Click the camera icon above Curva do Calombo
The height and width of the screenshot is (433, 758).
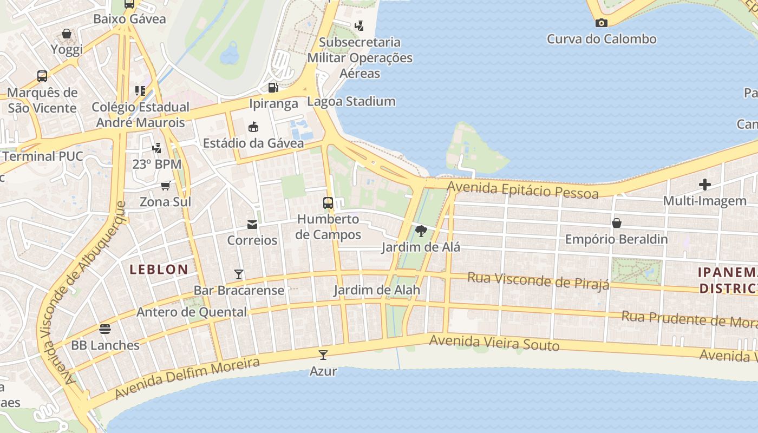601,23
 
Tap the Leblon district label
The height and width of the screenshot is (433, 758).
159,269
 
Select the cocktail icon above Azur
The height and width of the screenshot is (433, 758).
323,355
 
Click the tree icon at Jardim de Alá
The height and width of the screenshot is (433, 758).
421,232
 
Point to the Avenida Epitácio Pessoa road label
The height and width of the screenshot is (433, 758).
523,190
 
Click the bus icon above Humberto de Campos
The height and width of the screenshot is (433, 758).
328,203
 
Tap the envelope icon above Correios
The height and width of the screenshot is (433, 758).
252,224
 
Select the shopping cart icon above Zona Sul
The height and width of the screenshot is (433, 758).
166,186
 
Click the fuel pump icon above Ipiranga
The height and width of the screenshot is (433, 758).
273,87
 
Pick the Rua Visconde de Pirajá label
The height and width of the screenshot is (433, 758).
538,280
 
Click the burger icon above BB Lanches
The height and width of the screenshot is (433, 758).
105,329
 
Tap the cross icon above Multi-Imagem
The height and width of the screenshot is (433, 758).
704,185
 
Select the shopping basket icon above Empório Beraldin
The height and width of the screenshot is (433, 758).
616,223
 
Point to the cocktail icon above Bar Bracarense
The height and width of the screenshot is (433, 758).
239,274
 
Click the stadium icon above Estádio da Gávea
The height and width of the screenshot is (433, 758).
253,127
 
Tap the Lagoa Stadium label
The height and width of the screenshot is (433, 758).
351,101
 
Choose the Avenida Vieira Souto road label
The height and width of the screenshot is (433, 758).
494,343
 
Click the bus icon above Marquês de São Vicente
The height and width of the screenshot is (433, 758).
42,76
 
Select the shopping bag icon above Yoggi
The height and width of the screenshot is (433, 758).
67,34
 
